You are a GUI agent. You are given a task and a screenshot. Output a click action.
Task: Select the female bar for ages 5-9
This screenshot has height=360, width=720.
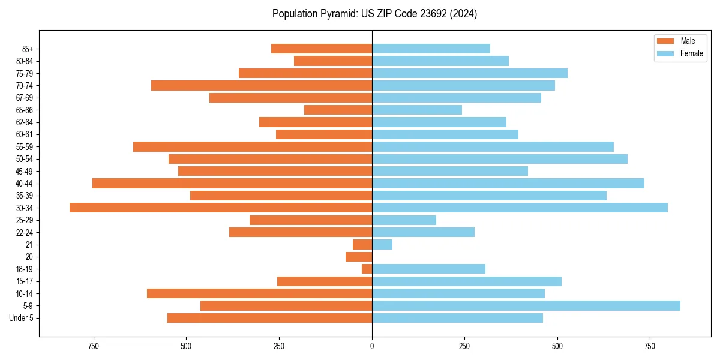tap(526, 305)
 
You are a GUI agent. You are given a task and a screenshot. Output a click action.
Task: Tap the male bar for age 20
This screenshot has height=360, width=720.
tap(359, 257)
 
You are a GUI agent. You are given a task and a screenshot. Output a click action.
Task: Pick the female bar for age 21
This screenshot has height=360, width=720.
tap(382, 244)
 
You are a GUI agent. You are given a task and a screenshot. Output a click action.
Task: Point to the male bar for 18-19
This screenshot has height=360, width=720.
tap(367, 269)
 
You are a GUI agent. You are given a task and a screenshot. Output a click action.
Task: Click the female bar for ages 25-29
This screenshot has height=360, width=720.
tap(404, 220)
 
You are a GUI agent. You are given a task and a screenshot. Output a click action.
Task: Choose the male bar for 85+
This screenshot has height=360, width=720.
tap(322, 49)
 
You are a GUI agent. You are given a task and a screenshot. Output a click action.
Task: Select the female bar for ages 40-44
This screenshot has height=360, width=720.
tap(508, 183)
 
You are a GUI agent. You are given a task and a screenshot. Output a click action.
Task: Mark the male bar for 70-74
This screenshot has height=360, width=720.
tap(262, 85)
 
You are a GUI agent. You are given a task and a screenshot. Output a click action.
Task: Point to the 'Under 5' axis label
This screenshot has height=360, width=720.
tap(21, 318)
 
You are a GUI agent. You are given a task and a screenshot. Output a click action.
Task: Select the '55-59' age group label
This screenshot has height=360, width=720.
tap(25, 146)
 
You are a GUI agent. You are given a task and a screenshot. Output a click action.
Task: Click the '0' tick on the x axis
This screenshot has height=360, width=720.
tap(372, 346)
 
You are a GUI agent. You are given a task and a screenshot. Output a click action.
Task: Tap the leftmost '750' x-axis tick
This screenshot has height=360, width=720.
tap(93, 346)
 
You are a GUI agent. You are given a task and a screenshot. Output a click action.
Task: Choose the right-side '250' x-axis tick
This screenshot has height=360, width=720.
tap(464, 346)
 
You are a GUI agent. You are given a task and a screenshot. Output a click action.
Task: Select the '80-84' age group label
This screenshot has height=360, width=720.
tap(25, 61)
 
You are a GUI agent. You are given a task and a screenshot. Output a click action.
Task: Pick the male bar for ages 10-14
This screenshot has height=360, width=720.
tap(259, 293)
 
